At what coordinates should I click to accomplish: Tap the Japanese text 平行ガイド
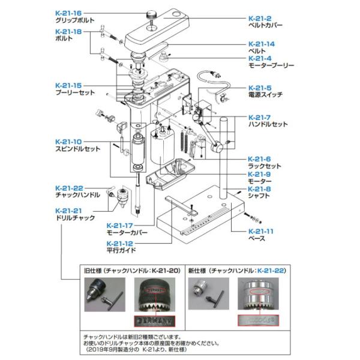click(122, 250)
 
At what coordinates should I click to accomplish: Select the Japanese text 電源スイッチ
click(265, 95)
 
